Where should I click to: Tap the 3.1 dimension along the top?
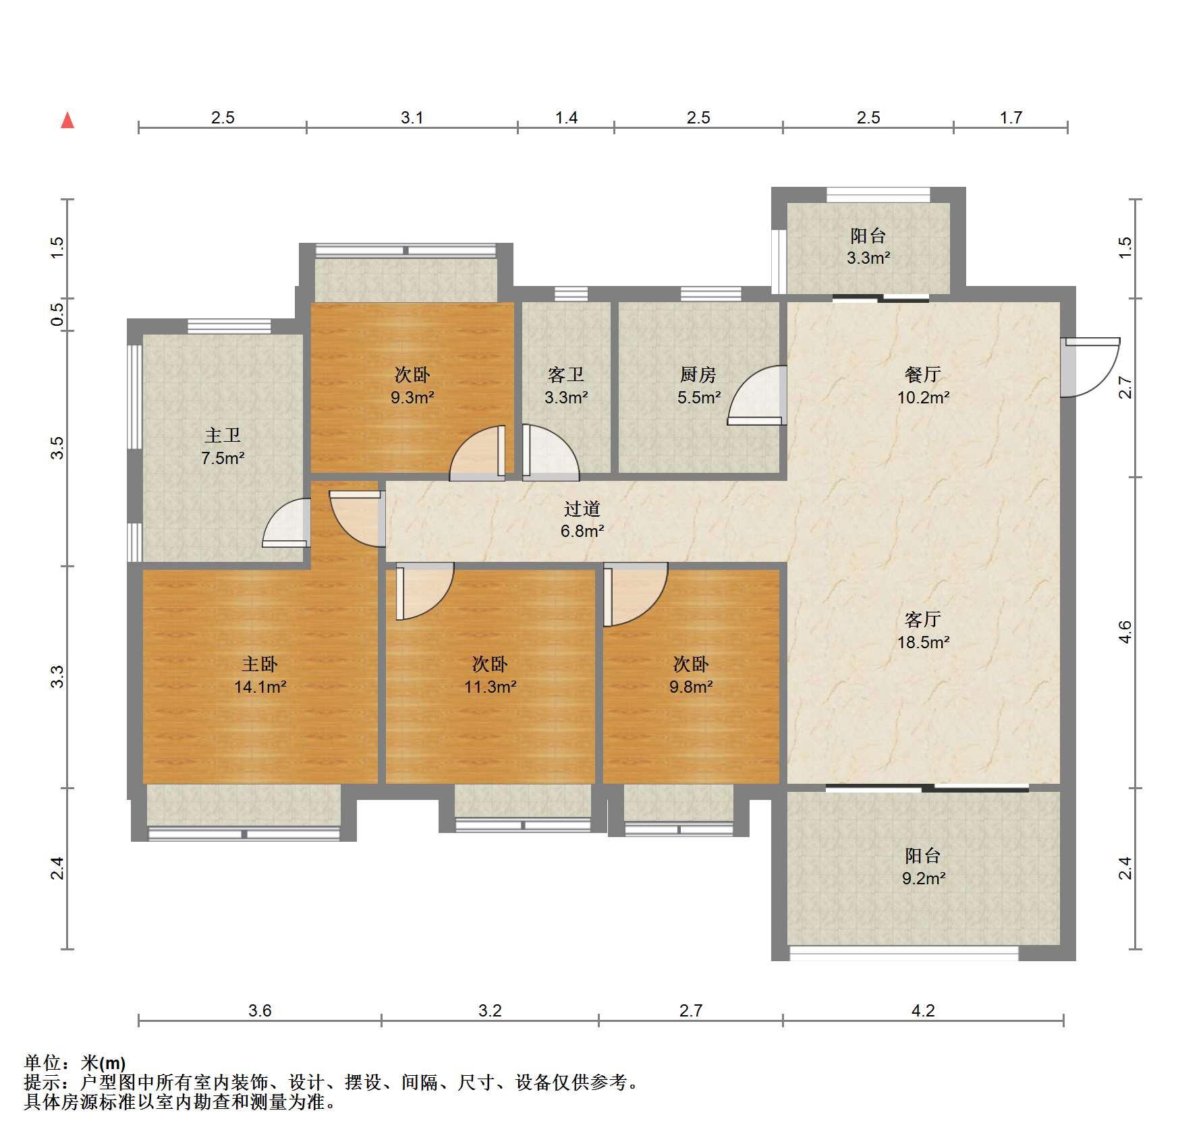[x=412, y=118]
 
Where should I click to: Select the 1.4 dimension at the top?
[x=566, y=118]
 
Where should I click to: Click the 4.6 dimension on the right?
[x=1125, y=632]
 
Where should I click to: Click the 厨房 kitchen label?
[x=698, y=374]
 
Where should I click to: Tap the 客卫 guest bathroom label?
[x=566, y=374]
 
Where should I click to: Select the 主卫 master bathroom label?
[x=223, y=435]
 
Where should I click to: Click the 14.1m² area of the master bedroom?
[x=260, y=687]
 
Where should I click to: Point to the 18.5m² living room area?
[x=923, y=642]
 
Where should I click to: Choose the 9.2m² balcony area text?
[x=923, y=878]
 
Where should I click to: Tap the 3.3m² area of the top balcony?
[x=868, y=258]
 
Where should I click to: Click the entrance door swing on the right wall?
[x=1090, y=367]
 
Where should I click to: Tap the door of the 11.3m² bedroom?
[x=424, y=591]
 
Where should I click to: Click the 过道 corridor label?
[x=582, y=509]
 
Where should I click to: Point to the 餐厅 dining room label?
[x=923, y=374]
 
